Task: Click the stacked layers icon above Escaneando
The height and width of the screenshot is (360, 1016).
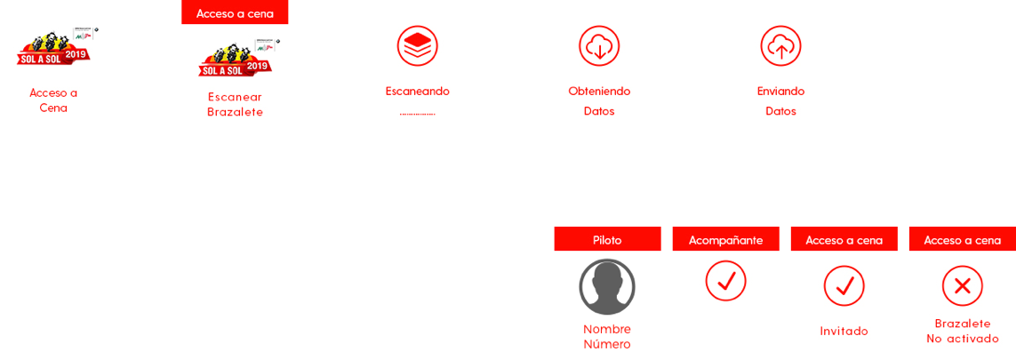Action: pyautogui.click(x=417, y=46)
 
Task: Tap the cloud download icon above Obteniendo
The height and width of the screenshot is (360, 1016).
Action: pyautogui.click(x=599, y=46)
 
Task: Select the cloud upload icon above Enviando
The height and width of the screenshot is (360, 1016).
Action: pyautogui.click(x=780, y=46)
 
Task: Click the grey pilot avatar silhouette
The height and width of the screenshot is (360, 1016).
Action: pyautogui.click(x=607, y=287)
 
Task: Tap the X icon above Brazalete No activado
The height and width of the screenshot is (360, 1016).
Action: pyautogui.click(x=962, y=285)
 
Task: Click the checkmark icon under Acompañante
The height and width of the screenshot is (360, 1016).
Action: pyautogui.click(x=725, y=281)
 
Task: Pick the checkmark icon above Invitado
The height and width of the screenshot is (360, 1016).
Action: pyautogui.click(x=844, y=285)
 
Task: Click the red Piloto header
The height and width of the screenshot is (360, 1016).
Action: pyautogui.click(x=607, y=239)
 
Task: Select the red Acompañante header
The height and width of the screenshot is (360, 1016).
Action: pyautogui.click(x=725, y=239)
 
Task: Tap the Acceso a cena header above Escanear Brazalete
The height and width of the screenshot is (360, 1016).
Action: pyautogui.click(x=235, y=12)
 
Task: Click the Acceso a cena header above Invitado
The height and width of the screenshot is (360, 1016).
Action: pyautogui.click(x=844, y=239)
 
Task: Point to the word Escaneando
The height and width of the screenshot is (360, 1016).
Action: pyautogui.click(x=417, y=92)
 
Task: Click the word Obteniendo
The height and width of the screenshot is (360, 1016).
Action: pyautogui.click(x=599, y=92)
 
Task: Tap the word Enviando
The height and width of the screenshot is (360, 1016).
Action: pyautogui.click(x=780, y=92)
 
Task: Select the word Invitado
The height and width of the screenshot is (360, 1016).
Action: pyautogui.click(x=844, y=332)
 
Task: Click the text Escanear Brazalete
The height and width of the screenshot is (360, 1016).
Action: pyautogui.click(x=235, y=104)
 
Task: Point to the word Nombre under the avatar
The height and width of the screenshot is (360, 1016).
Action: pyautogui.click(x=607, y=329)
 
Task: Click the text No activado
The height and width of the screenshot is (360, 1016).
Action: pyautogui.click(x=962, y=339)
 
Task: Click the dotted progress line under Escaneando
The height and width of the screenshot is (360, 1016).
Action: pyautogui.click(x=417, y=114)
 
